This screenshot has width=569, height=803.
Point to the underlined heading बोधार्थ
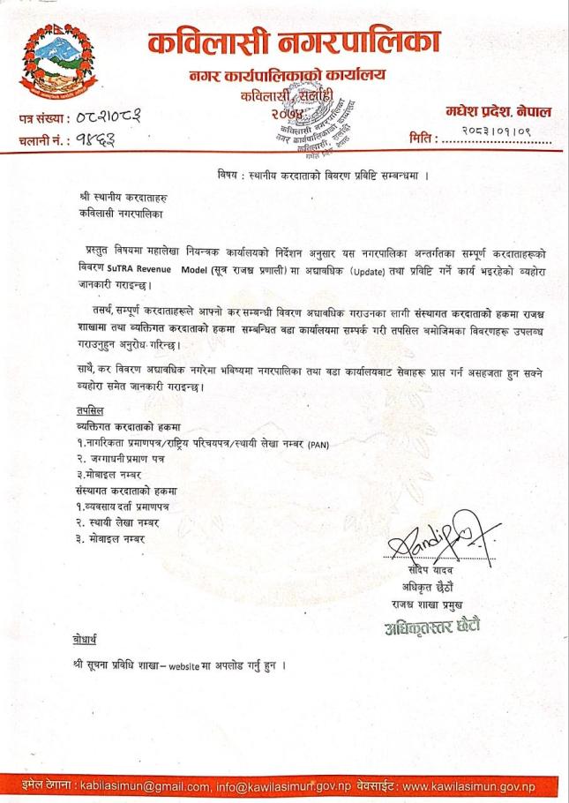coord(89,638)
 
